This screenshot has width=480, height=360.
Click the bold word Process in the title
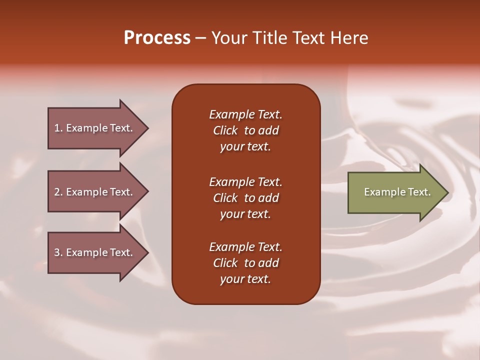[157, 38]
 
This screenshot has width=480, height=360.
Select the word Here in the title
[349, 37]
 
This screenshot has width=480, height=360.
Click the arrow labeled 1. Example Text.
[98, 128]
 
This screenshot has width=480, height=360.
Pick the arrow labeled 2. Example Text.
[98, 191]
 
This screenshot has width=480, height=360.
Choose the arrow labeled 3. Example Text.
[98, 253]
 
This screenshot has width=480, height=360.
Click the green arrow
[398, 192]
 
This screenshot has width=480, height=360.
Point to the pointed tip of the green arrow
[448, 192]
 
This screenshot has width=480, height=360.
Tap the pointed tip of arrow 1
[148, 128]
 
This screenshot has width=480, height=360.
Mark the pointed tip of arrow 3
[148, 253]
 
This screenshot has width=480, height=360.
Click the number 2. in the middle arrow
[59, 192]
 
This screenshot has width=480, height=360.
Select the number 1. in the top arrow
[59, 128]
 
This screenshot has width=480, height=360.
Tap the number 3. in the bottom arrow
[59, 252]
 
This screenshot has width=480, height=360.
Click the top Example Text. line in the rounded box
[246, 114]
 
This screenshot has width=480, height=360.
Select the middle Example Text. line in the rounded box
[246, 182]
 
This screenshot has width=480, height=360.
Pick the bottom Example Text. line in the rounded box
[246, 247]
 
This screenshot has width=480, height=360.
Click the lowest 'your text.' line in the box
[245, 279]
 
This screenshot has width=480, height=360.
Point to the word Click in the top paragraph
[225, 130]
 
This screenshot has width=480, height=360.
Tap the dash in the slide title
[200, 38]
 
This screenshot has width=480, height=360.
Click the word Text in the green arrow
[419, 192]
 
